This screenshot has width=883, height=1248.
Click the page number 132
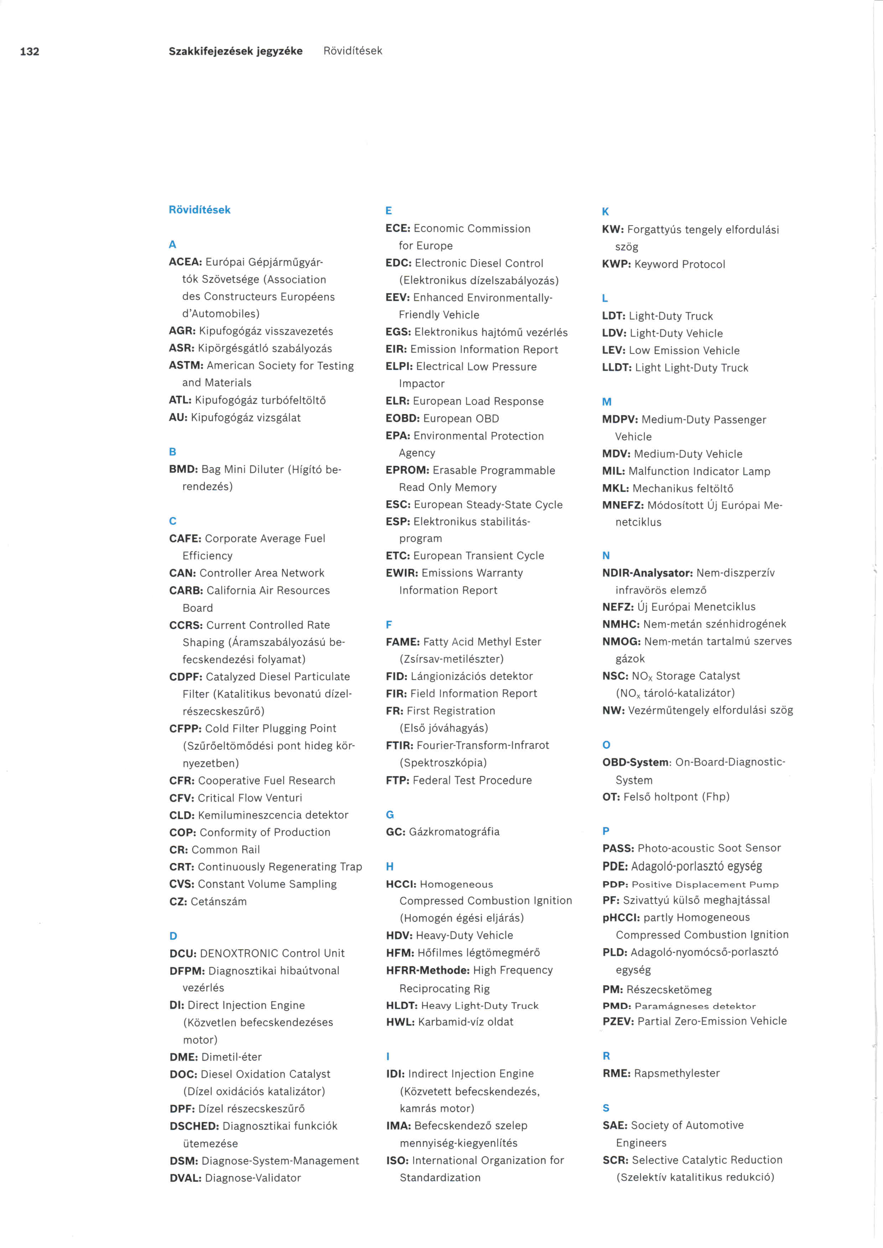tap(29, 52)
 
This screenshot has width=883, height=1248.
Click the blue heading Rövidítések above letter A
tap(199, 210)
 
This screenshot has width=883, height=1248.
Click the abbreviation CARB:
tap(186, 590)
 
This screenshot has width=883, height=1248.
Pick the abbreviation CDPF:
tap(186, 677)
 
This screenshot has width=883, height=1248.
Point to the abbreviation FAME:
tap(402, 642)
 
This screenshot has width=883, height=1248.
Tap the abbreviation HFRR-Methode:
tap(427, 970)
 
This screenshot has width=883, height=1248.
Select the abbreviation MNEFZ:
tap(623, 506)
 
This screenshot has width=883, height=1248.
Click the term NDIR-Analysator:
tap(647, 573)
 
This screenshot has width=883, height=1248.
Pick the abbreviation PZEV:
tap(618, 1021)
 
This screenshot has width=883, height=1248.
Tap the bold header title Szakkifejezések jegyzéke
tap(235, 51)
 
